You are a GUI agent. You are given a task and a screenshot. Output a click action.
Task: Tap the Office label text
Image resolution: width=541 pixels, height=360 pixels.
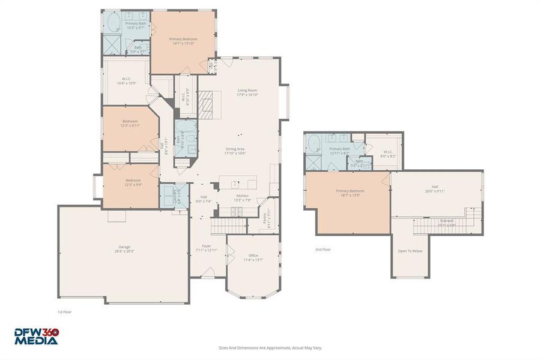coord(253,257)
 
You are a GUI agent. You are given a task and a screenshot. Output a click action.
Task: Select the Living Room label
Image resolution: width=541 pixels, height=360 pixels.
coord(247,92)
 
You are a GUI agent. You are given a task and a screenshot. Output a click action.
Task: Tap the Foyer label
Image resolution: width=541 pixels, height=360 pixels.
coord(206,248)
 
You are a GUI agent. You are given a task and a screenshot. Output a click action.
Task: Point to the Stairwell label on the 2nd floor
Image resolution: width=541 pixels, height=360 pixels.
coord(447,223)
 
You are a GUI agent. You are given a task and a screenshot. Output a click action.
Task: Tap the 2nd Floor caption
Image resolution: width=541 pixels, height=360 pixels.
coord(322,249)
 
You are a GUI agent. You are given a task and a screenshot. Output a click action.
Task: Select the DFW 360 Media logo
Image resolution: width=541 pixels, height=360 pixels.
coord(37,336)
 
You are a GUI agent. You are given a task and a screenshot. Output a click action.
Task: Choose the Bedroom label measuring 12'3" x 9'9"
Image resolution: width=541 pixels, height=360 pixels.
coord(133,182)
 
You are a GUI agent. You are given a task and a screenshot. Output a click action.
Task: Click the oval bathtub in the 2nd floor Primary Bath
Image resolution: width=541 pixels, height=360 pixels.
coord(313,143)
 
